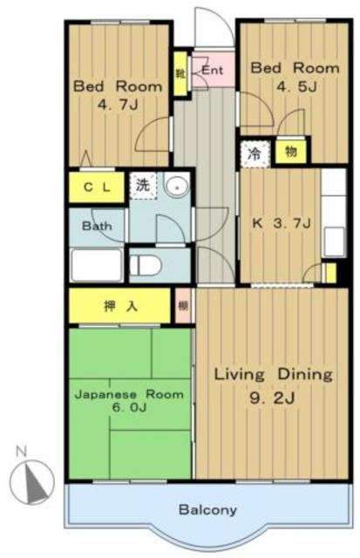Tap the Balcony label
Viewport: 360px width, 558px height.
click(x=207, y=510)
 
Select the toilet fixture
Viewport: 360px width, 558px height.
click(x=146, y=265)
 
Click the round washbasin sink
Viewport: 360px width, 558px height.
click(x=176, y=185)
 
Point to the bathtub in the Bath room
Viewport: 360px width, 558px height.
click(x=97, y=265)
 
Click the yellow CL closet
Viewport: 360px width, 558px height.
click(x=97, y=187)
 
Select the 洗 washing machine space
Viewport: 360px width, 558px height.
click(x=143, y=186)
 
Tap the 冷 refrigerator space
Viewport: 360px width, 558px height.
click(x=255, y=154)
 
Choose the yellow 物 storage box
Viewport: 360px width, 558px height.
click(x=291, y=152)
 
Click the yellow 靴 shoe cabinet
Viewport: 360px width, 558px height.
click(x=180, y=73)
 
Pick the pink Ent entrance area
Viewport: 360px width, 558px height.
click(x=214, y=70)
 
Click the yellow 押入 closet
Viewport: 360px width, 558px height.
click(x=119, y=306)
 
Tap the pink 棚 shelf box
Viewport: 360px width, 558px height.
click(x=183, y=306)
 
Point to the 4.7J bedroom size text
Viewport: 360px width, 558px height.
click(x=118, y=105)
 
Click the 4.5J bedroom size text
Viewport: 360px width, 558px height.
click(x=296, y=86)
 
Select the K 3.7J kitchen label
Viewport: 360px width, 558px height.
click(x=282, y=223)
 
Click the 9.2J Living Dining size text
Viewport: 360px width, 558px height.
click(x=273, y=398)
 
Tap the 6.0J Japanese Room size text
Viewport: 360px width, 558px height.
click(x=129, y=407)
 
